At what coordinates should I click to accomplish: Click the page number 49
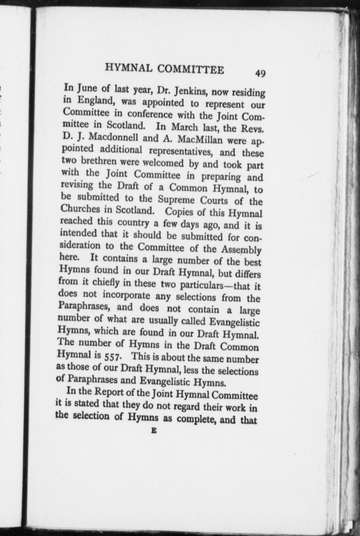coord(260,73)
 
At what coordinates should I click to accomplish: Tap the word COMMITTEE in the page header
coord(191,70)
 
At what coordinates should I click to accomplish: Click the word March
coord(185,127)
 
